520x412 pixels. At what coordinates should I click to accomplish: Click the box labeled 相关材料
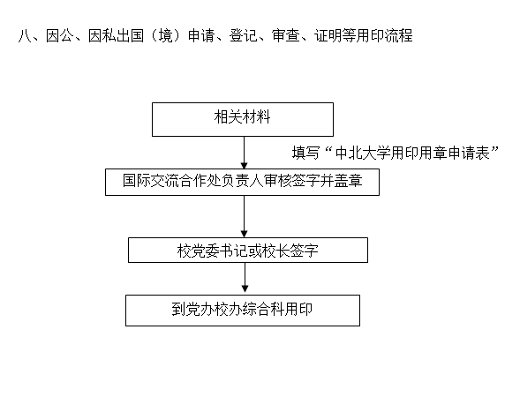[243, 119]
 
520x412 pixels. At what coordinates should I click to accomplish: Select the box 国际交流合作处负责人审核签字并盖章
[242, 182]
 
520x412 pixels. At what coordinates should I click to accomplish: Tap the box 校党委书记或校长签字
[248, 251]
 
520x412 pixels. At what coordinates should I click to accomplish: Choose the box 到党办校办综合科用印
[243, 311]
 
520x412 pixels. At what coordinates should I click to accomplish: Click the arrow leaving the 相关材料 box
[244, 153]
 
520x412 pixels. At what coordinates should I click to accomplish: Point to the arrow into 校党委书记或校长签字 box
[244, 216]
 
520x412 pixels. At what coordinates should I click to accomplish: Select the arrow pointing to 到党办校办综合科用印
[245, 278]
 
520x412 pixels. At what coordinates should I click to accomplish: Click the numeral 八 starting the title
[25, 36]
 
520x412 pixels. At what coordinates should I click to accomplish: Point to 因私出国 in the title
[116, 36]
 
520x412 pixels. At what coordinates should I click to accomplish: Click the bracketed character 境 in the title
[165, 36]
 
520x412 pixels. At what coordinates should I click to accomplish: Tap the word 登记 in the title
[243, 36]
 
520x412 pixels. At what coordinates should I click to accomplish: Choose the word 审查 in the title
[285, 36]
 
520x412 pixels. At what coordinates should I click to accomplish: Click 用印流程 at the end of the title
[385, 36]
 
